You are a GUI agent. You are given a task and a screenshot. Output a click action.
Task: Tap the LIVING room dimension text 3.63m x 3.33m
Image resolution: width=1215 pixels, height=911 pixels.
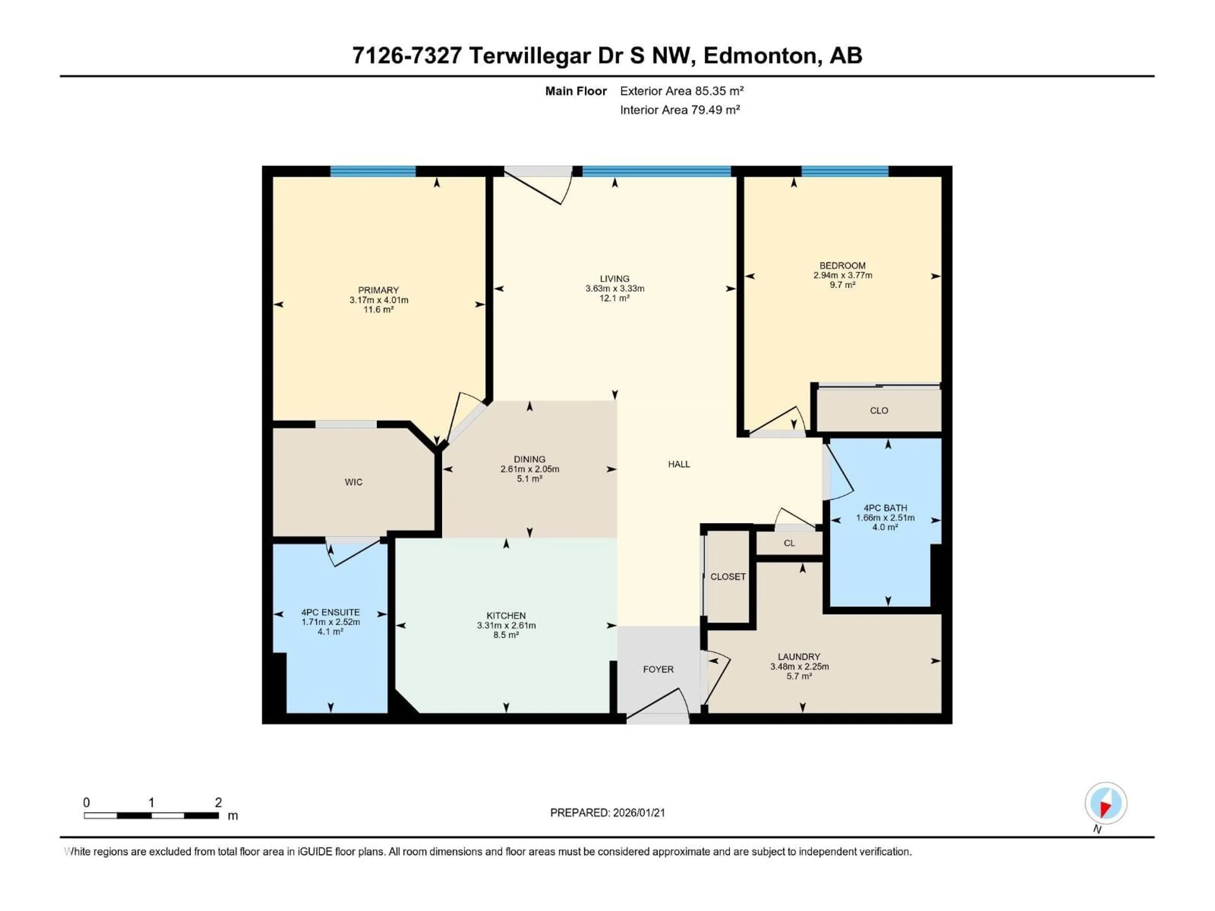pyautogui.click(x=615, y=288)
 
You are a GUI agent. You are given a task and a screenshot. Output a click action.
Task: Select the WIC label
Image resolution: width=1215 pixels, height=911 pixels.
pyautogui.click(x=353, y=482)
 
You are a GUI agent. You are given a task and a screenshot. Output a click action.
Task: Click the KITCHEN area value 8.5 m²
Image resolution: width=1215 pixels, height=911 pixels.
pyautogui.click(x=506, y=635)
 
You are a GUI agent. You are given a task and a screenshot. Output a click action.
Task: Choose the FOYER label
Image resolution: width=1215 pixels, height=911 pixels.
pyautogui.click(x=658, y=669)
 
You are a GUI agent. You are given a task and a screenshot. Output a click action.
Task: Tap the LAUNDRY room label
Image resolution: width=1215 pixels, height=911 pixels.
pyautogui.click(x=799, y=657)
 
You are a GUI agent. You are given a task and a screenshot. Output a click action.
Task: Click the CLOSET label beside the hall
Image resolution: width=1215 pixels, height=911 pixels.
pyautogui.click(x=728, y=577)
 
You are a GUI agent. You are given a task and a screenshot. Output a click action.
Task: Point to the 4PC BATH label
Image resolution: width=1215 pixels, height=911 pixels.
pyautogui.click(x=885, y=508)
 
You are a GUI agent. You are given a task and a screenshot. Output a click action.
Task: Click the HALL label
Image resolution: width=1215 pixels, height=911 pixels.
pyautogui.click(x=679, y=464)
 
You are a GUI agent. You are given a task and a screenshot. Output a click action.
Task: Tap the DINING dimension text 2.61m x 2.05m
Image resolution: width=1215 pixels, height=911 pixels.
pyautogui.click(x=529, y=469)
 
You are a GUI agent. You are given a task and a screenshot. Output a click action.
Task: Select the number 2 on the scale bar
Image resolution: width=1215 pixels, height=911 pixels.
pyautogui.click(x=218, y=802)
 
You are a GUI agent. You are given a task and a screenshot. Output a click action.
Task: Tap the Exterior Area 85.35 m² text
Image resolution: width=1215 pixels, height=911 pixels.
pyautogui.click(x=682, y=91)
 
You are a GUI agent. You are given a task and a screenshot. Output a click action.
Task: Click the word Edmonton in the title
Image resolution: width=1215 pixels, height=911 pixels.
pyautogui.click(x=760, y=55)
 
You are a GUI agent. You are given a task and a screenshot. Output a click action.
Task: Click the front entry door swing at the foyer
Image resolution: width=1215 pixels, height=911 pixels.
pyautogui.click(x=658, y=706)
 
